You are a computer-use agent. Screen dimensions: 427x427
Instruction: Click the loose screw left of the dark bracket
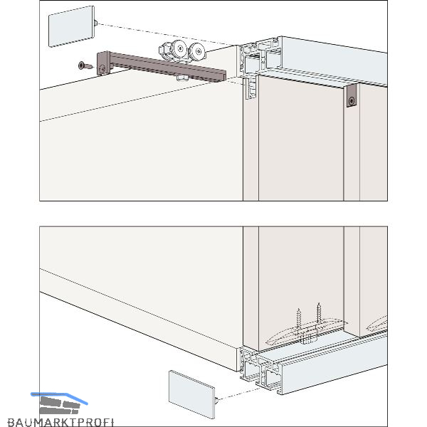click(85, 65)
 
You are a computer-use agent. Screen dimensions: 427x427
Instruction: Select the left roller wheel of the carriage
click(179, 48)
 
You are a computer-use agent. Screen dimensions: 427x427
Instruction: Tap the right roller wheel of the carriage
click(197, 51)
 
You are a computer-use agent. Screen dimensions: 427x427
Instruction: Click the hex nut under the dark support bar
click(181, 78)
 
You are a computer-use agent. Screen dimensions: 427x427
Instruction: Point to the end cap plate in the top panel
click(71, 26)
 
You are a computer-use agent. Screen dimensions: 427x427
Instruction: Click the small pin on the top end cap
click(95, 23)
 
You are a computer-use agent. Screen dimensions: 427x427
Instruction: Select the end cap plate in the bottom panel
click(191, 394)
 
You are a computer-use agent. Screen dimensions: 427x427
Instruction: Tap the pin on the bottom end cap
click(216, 400)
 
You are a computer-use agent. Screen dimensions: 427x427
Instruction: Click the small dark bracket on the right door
click(352, 95)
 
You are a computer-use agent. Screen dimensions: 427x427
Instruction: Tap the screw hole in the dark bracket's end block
click(102, 68)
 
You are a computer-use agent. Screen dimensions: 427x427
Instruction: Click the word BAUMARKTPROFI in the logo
click(60, 422)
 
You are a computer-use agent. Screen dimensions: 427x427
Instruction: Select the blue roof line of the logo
click(59, 398)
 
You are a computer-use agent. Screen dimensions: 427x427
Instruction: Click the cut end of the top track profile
click(259, 57)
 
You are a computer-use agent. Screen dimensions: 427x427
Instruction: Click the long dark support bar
click(162, 66)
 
